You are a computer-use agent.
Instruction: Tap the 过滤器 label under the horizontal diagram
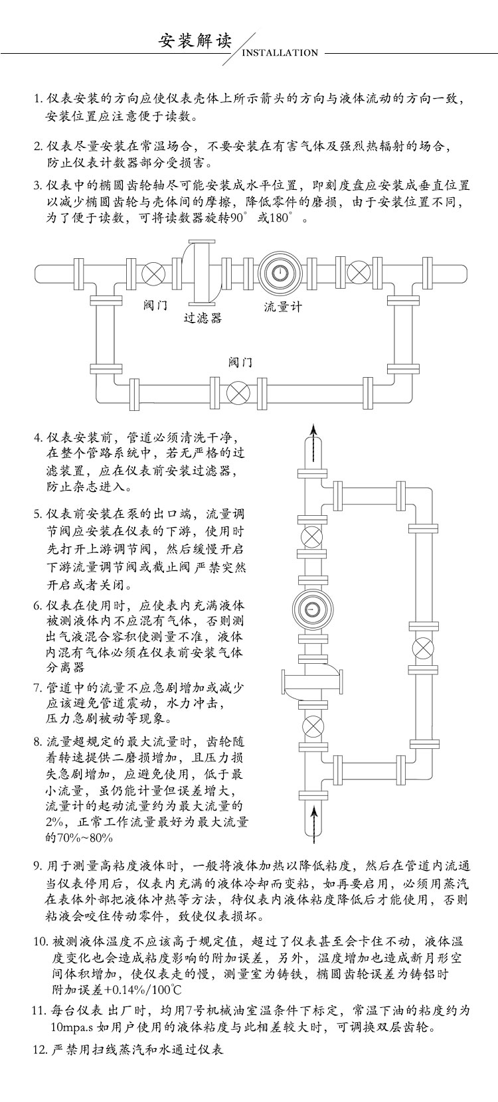click(x=203, y=318)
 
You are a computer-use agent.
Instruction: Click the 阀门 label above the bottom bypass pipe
click(x=240, y=362)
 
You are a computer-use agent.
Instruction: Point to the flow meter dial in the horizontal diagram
click(x=280, y=272)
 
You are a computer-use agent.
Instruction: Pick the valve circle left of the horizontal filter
click(x=155, y=273)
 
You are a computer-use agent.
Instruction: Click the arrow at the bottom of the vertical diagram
click(x=314, y=818)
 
